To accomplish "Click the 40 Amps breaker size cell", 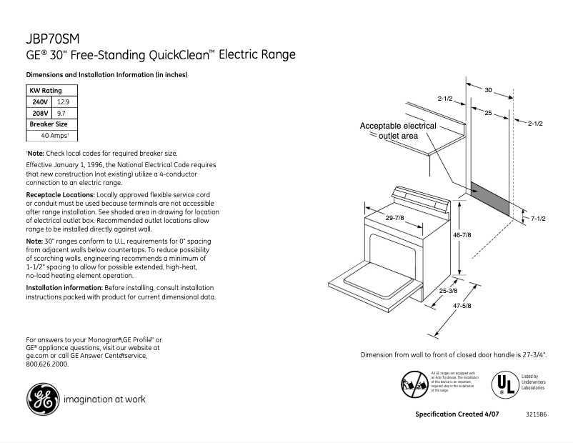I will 54,135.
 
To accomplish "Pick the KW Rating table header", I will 44,91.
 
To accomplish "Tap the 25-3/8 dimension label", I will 449,291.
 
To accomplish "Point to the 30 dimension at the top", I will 489,90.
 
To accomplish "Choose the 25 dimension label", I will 488,114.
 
